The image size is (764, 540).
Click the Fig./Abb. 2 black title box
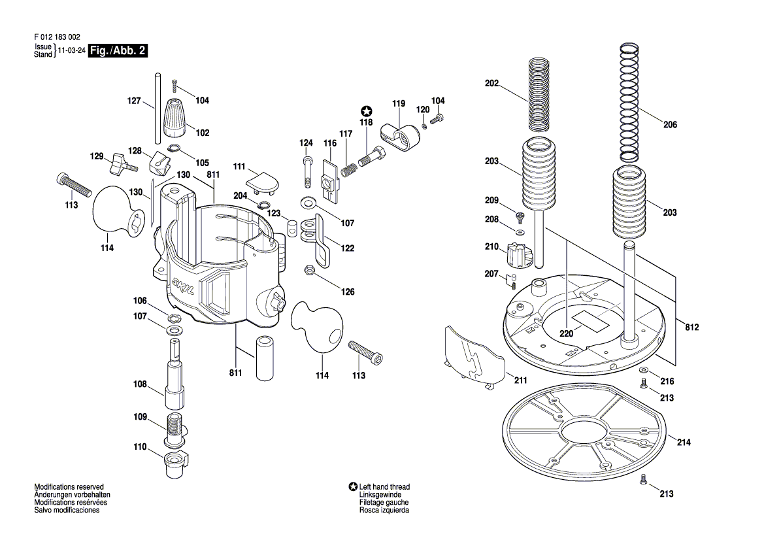point(118,51)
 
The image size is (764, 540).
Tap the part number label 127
point(134,101)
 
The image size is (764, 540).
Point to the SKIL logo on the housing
point(183,286)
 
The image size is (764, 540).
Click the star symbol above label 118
point(367,112)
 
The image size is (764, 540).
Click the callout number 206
point(670,125)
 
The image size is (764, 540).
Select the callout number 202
point(492,83)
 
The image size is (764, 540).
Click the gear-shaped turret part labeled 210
point(518,255)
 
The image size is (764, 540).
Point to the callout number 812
point(692,328)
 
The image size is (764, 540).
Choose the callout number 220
point(566,334)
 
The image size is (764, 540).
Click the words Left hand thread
point(384,487)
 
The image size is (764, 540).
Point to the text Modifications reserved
point(69,487)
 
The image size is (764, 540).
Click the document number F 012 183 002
point(57,37)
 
